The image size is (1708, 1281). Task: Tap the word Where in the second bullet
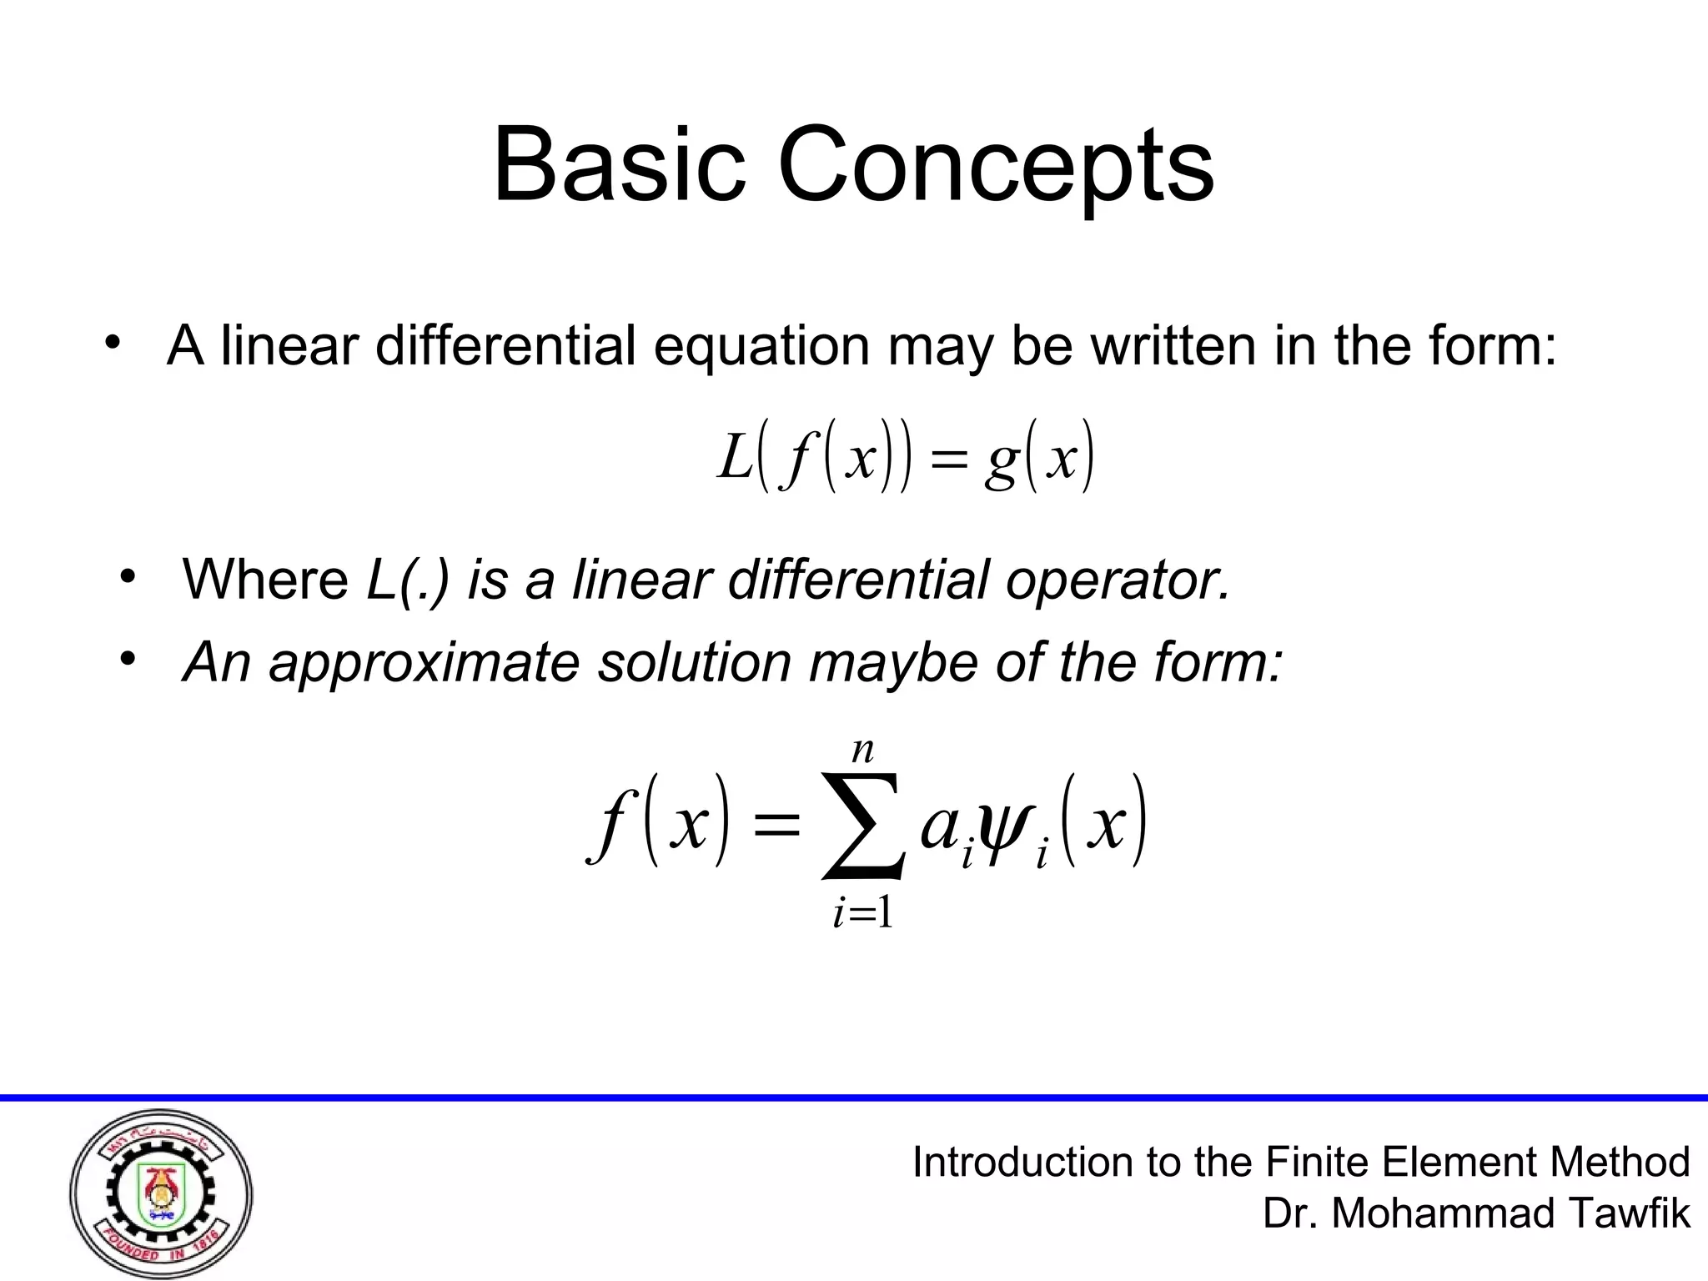point(265,579)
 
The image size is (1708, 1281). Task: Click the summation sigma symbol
point(862,826)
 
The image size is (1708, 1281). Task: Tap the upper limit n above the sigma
point(862,751)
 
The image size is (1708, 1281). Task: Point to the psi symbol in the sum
point(1007,824)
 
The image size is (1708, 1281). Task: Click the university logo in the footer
point(161,1193)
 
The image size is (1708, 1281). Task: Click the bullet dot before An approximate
point(127,660)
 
